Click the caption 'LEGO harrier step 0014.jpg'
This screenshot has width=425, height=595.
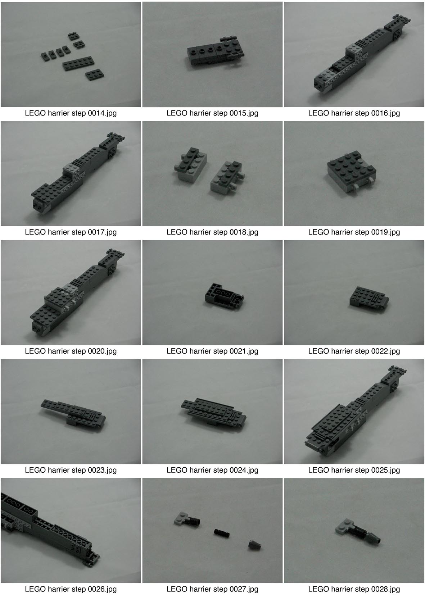tap(71, 113)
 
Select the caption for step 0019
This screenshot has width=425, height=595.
tap(354, 232)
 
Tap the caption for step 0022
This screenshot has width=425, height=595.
tap(354, 351)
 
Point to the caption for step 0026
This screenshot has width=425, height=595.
tap(71, 589)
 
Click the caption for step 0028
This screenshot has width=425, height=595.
tap(354, 589)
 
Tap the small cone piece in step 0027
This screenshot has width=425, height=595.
tap(255, 545)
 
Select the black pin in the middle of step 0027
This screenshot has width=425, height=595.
tap(222, 532)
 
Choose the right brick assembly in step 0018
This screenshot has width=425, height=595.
tap(227, 177)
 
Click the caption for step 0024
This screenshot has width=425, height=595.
tap(212, 470)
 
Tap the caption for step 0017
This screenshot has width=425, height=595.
tap(71, 232)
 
